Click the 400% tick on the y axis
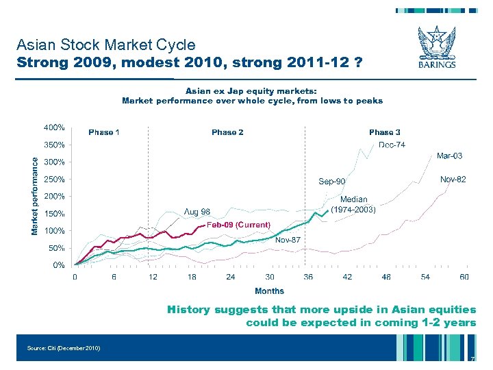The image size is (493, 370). tap(55, 127)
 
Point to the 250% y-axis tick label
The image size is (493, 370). tap(55, 180)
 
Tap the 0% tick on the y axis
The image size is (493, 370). tap(59, 265)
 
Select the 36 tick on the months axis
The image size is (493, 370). tap(308, 277)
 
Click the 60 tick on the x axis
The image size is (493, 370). tap(464, 277)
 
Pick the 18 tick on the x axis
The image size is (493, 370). tap(192, 277)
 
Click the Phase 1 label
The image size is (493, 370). tap(104, 132)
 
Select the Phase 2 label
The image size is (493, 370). tap(227, 132)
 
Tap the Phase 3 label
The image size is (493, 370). tap(385, 132)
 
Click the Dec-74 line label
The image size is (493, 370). tap(392, 145)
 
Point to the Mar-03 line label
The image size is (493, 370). tap(449, 156)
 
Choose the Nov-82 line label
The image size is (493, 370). tap(453, 179)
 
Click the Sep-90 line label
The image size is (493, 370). tap(332, 182)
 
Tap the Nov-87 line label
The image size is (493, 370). tap(288, 240)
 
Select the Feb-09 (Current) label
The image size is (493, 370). tap(238, 225)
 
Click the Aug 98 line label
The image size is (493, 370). tap(196, 210)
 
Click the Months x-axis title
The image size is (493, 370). tap(269, 291)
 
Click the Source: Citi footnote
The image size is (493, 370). tap(64, 348)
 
